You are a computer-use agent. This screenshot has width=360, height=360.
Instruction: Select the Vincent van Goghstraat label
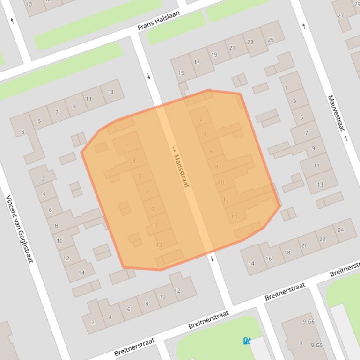coord(19,229)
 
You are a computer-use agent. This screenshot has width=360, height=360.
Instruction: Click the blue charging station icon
coord(247,341)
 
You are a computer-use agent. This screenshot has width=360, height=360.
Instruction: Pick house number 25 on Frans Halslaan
coord(271,40)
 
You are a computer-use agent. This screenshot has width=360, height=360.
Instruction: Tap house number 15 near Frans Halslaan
coord(181,73)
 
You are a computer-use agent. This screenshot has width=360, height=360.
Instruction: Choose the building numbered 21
coord(232,48)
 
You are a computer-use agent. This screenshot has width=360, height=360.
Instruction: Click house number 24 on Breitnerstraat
coord(340,230)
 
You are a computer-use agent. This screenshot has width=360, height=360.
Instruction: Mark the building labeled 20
coord(304,245)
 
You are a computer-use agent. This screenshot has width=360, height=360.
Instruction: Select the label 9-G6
coord(309,322)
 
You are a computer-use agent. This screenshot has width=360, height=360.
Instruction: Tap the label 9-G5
coord(316,346)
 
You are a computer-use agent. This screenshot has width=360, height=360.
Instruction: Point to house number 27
coord(341,15)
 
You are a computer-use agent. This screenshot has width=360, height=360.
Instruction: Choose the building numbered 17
coord(197,62)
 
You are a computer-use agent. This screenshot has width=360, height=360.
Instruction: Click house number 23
coord(250,42)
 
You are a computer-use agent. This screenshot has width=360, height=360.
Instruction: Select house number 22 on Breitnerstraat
coord(322,239)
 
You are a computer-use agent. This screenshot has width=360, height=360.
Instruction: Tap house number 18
coord(287,252)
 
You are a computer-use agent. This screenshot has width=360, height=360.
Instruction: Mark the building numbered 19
coord(214,55)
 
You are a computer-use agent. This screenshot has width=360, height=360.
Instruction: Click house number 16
coord(269,259)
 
